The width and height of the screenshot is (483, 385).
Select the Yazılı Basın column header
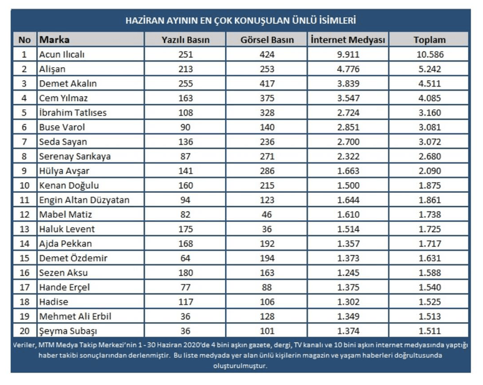185,40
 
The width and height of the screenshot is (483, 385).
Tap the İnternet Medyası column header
348,40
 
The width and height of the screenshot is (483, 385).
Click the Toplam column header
429,40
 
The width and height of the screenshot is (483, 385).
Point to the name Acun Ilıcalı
62,54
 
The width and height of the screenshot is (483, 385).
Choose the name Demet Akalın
68,83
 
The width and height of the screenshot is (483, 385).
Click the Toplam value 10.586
429,54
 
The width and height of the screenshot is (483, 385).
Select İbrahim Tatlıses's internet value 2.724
348,113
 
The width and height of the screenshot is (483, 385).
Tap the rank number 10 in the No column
24,186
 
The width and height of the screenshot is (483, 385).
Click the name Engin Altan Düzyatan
84,200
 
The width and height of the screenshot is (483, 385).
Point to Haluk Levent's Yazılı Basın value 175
185,230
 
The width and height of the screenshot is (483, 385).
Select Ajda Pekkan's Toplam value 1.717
429,244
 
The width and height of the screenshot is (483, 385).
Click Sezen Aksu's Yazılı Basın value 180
185,273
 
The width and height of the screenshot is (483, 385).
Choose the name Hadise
54,302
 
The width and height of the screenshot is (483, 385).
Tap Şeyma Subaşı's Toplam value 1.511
429,332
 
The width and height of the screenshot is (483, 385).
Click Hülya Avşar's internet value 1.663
348,171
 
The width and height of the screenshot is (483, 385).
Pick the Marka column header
55,40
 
